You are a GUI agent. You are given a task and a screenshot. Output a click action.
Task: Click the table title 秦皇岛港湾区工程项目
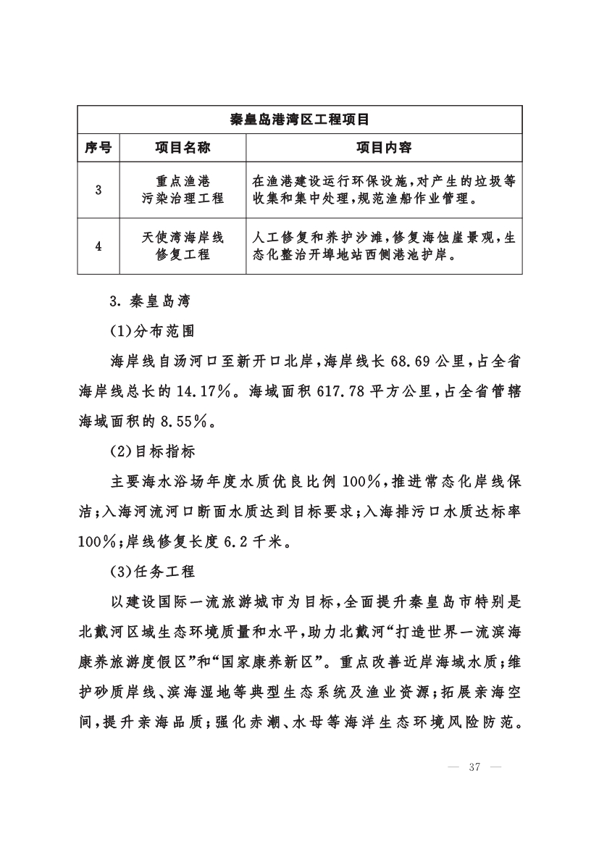pos(299,120)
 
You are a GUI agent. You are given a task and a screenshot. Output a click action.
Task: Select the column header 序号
pos(98,148)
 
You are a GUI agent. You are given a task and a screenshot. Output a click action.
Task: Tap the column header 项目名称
pos(183,148)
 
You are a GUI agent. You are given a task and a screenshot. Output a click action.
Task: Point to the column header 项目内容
pos(384,148)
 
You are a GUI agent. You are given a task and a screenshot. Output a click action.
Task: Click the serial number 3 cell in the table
pos(98,191)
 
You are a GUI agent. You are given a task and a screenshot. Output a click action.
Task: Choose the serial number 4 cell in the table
pos(98,246)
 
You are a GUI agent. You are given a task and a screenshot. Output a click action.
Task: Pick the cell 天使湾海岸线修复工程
pos(183,246)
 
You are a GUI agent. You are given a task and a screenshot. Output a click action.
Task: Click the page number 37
pos(475,768)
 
